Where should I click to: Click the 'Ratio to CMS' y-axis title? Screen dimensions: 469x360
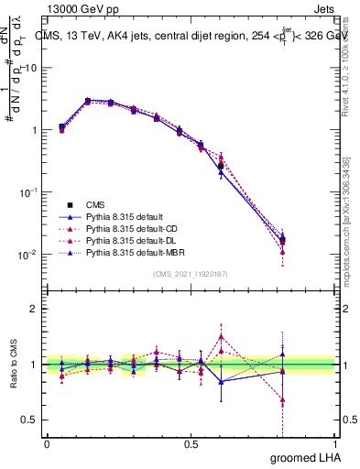click(14, 365)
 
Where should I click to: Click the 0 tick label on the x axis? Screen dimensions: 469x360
click(47, 443)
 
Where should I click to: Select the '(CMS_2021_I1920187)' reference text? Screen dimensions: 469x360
click(191, 273)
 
